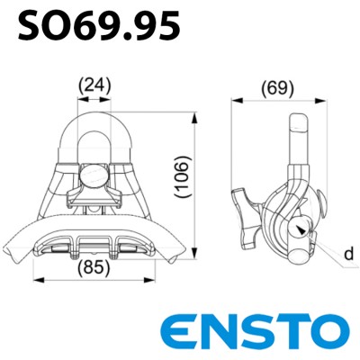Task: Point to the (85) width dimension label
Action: [x=94, y=267]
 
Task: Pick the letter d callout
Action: [x=346, y=256]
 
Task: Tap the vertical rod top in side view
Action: [x=297, y=121]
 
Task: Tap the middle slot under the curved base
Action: [x=97, y=243]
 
